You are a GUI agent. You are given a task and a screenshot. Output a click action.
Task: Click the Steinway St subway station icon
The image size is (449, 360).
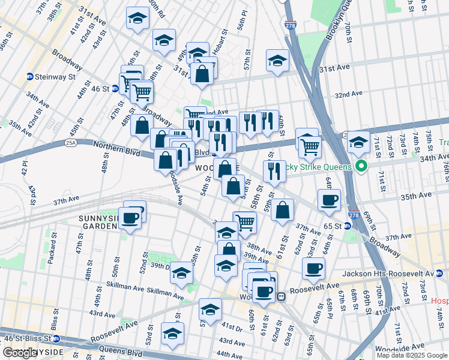29,77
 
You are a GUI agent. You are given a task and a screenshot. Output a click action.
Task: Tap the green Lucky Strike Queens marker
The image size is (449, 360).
361,166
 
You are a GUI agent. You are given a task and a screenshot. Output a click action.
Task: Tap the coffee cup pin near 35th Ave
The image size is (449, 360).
329,200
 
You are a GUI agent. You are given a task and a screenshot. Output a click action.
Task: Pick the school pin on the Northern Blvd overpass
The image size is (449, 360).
358,142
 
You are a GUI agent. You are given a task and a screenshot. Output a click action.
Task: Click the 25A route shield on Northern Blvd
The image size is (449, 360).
68,143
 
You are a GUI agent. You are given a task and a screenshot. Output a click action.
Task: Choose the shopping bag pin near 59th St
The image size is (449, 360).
282,211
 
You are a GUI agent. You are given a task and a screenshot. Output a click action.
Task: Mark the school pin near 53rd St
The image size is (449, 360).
173,334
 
